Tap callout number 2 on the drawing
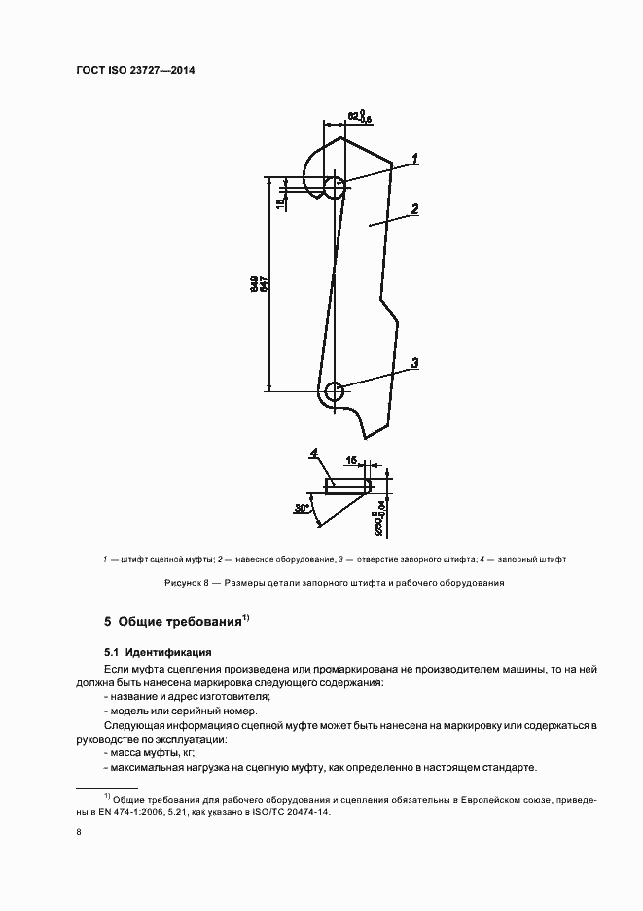pos(415,208)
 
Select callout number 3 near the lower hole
pos(414,363)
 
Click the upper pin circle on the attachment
pos(334,187)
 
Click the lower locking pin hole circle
pos(335,392)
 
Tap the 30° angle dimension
pos(301,508)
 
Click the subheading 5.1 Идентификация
pos(158,652)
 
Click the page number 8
pos(79,832)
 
